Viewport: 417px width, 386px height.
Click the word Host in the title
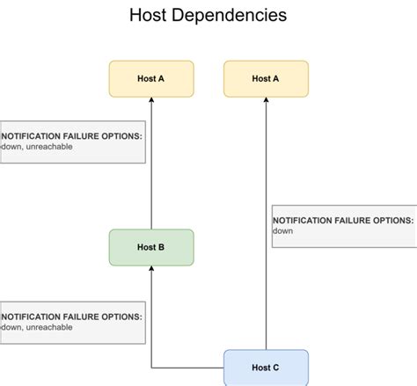point(149,16)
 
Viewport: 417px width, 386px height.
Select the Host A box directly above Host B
point(150,78)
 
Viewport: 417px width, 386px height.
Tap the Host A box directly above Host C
point(266,78)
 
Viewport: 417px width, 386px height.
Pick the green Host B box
point(150,247)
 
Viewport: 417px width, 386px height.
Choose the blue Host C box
point(266,367)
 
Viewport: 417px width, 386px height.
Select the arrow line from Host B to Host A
point(151,167)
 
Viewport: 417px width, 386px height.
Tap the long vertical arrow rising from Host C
point(266,229)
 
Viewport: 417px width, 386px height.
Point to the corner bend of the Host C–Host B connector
point(151,367)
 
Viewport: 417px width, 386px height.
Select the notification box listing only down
point(343,226)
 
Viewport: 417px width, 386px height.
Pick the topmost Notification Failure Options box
point(72,142)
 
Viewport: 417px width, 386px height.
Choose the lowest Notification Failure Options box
point(72,322)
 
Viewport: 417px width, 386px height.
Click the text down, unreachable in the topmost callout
point(37,147)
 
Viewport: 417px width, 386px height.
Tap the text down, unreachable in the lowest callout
point(37,327)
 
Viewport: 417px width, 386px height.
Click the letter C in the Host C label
point(276,367)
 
